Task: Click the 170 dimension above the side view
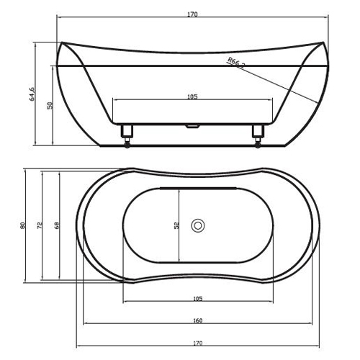(192, 14)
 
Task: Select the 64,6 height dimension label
(32, 94)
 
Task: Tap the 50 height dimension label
(50, 105)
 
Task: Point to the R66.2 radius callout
(236, 63)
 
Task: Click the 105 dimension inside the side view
(192, 96)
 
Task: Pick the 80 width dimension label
(22, 225)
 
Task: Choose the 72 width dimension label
(40, 225)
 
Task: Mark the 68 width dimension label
(57, 225)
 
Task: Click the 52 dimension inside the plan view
(176, 225)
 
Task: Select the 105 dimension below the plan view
(198, 299)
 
